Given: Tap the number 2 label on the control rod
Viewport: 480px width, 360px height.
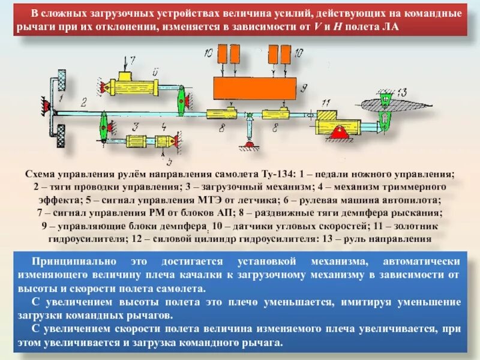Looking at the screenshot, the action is coord(84,101).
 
